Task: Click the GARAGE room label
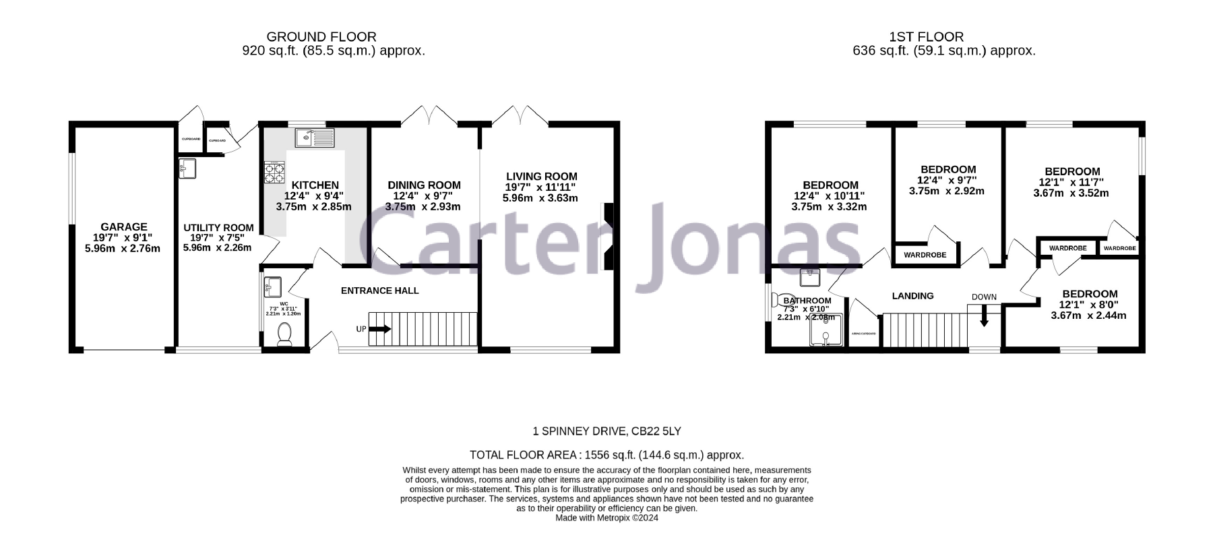point(123,227)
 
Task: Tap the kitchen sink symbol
point(314,138)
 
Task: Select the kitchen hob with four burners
point(274,173)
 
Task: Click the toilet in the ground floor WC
point(284,334)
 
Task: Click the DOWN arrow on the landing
point(984,314)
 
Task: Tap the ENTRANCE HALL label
point(379,291)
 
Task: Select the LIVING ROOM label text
point(542,177)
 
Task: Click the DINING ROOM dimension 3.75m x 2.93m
point(423,207)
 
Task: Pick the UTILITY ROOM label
point(218,228)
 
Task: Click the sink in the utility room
point(186,168)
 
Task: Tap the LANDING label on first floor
point(912,296)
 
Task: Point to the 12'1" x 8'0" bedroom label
point(1089,294)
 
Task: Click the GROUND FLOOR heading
point(321,37)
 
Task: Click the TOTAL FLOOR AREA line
point(606,455)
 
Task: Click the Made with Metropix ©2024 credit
point(606,518)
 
